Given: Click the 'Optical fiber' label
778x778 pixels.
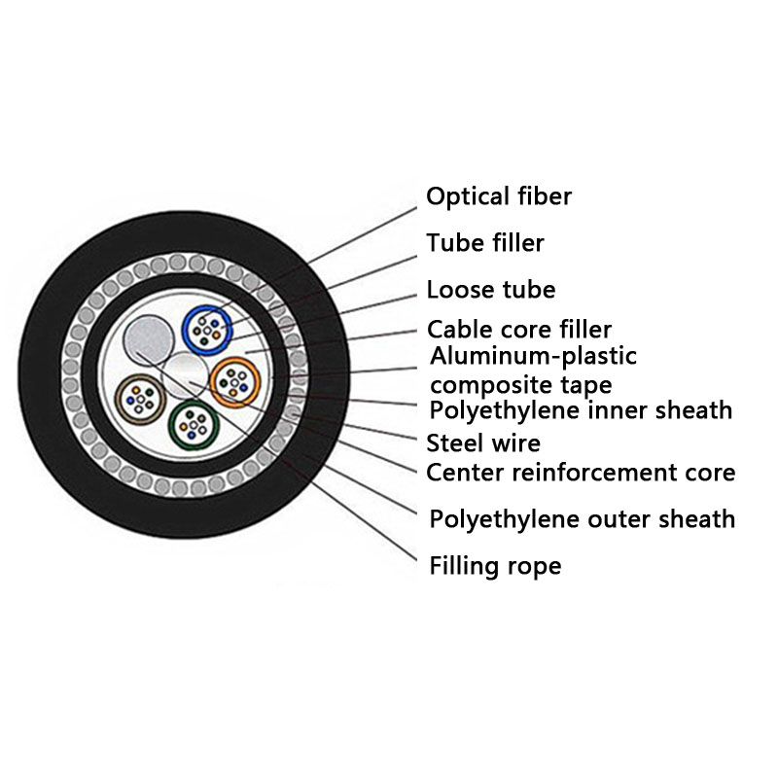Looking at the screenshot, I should tap(499, 196).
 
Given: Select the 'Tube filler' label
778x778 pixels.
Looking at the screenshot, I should tap(485, 242).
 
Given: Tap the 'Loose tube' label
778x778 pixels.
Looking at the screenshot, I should tap(491, 289).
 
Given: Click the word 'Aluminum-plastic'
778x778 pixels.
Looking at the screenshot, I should tap(533, 356).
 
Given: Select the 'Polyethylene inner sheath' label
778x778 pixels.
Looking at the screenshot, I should tap(581, 410).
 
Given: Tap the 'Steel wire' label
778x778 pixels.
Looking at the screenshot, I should tap(483, 444).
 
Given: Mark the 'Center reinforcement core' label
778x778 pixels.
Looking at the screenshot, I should tap(581, 474).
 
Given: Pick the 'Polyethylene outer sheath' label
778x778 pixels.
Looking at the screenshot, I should tap(582, 519).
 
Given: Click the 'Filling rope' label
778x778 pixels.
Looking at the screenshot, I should tap(494, 565).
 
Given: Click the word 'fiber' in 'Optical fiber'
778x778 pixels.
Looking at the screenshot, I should tap(543, 196).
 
